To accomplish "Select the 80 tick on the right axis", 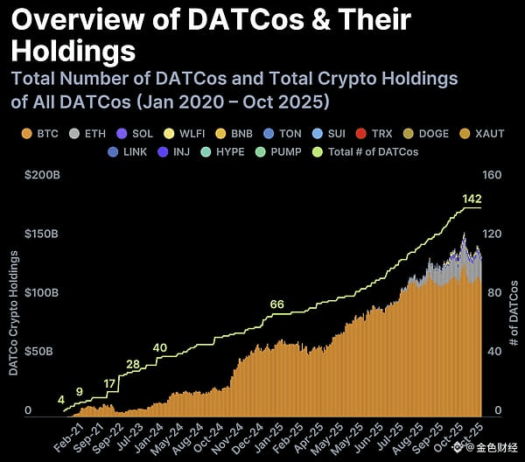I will (x=493, y=292).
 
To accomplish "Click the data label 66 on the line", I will (x=276, y=304).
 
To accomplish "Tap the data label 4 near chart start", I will (x=60, y=400).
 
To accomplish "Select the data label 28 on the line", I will (x=133, y=364).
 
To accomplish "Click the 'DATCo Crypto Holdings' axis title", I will (x=13, y=312).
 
